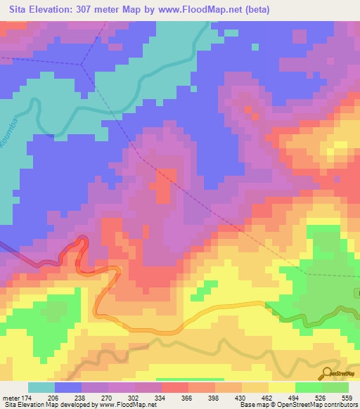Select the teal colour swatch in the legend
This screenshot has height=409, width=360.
[41, 387]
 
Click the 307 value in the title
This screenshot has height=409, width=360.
[88, 9]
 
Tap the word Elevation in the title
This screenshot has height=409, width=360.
[50, 9]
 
